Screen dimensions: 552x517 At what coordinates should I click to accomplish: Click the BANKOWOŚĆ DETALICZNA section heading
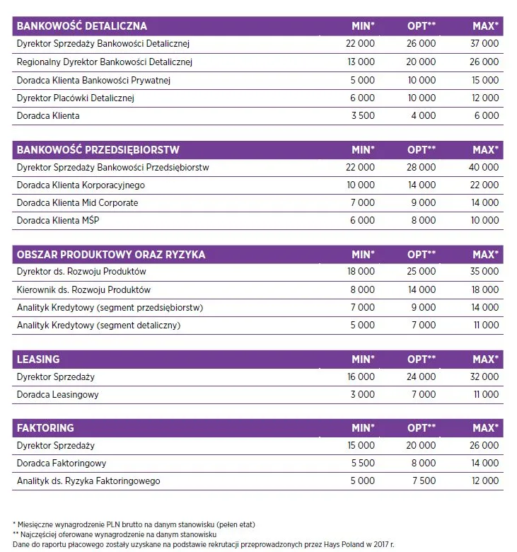(x=81, y=26)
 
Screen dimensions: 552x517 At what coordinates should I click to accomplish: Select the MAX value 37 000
(x=484, y=44)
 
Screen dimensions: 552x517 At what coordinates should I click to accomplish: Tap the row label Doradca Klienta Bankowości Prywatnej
(x=93, y=80)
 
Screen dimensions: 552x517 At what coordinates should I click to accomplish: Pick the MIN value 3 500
(x=362, y=116)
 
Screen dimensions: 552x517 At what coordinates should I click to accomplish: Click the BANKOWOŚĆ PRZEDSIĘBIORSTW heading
(x=98, y=150)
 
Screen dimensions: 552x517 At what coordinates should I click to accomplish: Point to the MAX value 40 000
(x=484, y=168)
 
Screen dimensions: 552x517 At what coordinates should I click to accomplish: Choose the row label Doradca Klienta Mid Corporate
(x=77, y=203)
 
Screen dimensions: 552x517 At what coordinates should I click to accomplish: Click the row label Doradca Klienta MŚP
(x=57, y=221)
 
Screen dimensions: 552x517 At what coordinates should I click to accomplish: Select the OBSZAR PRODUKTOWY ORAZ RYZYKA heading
(x=111, y=254)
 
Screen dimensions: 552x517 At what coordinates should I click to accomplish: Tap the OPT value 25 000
(x=422, y=272)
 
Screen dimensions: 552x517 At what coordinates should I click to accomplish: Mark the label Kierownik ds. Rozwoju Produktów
(x=83, y=289)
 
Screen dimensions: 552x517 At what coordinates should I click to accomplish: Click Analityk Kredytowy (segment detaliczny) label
(x=98, y=325)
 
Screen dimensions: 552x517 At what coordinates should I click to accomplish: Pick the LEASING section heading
(x=38, y=360)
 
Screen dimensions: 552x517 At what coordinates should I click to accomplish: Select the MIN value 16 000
(x=361, y=377)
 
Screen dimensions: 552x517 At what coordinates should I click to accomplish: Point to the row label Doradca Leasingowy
(x=58, y=394)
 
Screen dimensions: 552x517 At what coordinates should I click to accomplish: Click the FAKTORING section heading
(x=45, y=428)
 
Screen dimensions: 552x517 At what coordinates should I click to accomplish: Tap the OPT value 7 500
(x=422, y=481)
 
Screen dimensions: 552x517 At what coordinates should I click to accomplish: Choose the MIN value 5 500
(x=362, y=464)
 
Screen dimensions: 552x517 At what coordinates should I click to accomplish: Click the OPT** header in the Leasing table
(x=422, y=360)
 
